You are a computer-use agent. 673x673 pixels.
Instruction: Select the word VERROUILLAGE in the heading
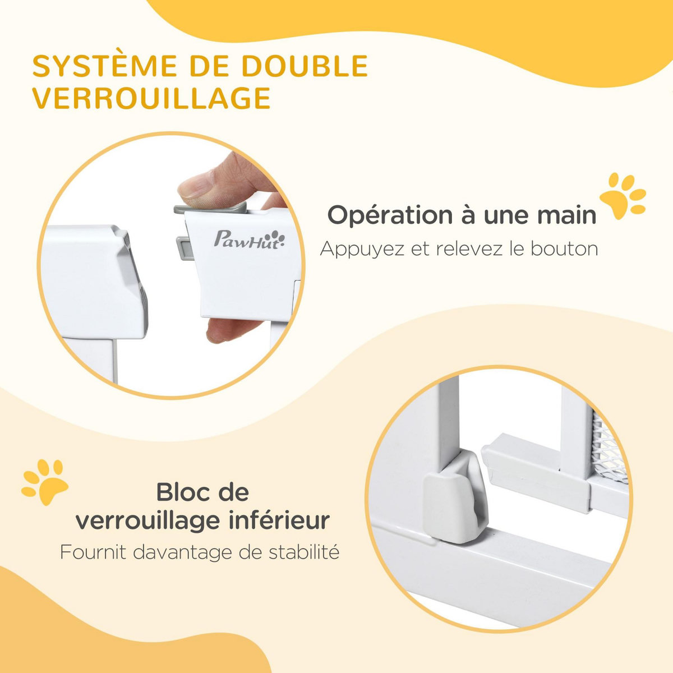coord(151,99)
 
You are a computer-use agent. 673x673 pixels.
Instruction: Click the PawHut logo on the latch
coord(249,238)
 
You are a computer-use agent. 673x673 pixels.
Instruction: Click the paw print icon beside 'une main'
coord(622,196)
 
